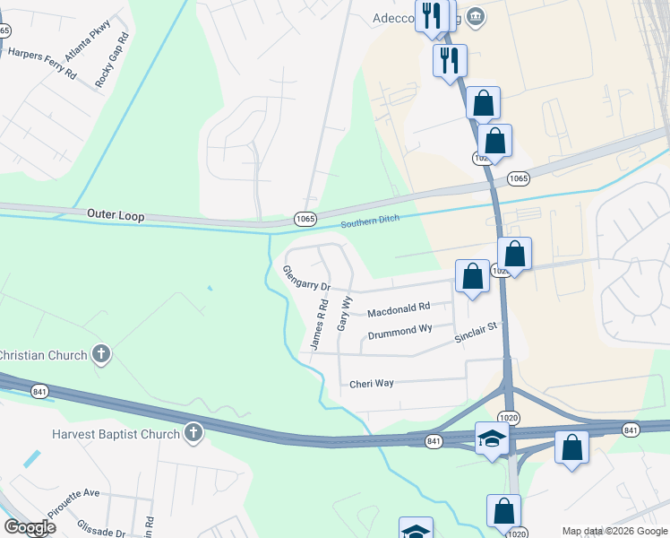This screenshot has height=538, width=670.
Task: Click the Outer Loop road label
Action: click(116, 216)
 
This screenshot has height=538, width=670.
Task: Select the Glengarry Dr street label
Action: click(306, 278)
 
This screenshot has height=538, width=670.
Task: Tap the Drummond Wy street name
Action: click(399, 333)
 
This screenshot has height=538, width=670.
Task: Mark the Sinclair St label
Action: click(475, 334)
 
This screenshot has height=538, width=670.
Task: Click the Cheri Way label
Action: click(372, 384)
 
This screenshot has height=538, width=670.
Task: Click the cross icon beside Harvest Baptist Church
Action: click(193, 435)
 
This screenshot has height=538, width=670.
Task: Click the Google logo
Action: click(30, 527)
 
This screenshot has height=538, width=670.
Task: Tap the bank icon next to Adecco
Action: click(476, 16)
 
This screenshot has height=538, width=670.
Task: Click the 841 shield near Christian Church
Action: click(39, 391)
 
